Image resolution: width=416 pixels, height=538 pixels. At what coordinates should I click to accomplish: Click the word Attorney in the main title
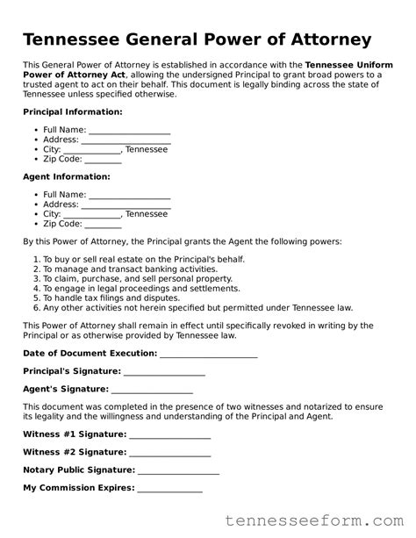pyautogui.click(x=320, y=40)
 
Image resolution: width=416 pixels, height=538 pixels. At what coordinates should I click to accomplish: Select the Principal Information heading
pyautogui.click(x=72, y=112)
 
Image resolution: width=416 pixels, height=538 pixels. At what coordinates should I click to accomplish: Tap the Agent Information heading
pyautogui.click(x=66, y=176)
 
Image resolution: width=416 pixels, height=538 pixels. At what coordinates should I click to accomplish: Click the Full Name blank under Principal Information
pyautogui.click(x=129, y=131)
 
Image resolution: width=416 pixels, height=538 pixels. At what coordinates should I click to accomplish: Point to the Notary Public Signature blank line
pyautogui.click(x=178, y=470)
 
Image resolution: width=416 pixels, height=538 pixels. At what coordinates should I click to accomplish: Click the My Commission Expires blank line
pyautogui.click(x=169, y=489)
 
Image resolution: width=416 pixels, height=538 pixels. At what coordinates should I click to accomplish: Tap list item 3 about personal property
pyautogui.click(x=138, y=279)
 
